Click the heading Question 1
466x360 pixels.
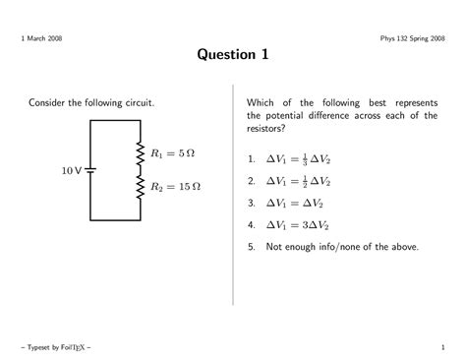[x=232, y=56]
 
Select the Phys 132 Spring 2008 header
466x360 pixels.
[x=413, y=37]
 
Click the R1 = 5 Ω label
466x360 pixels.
[x=174, y=152]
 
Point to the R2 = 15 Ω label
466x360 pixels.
[x=176, y=186]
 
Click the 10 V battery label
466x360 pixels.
[x=70, y=170]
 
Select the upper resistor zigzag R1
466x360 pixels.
[x=140, y=152]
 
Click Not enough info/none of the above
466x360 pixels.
[x=342, y=247]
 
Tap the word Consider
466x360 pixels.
[x=48, y=102]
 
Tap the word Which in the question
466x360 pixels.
[x=262, y=102]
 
